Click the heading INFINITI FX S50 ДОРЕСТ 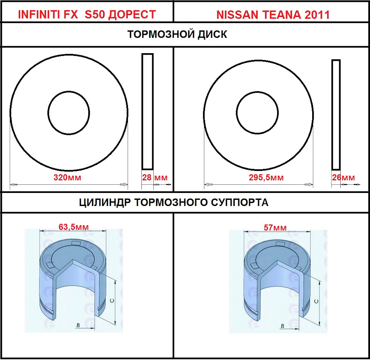pyautogui.click(x=87, y=15)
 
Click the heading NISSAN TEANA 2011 pyautogui.click(x=273, y=15)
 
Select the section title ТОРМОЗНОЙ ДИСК pyautogui.click(x=177, y=35)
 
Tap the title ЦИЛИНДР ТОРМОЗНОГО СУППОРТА pyautogui.click(x=174, y=202)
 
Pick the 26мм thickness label pyautogui.click(x=343, y=177)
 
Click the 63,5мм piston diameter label pyautogui.click(x=73, y=227)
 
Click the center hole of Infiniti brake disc pyautogui.click(x=69, y=113)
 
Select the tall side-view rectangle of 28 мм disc pyautogui.click(x=147, y=111)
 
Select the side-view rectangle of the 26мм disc pyautogui.click(x=336, y=115)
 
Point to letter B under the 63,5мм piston pyautogui.click(x=78, y=326)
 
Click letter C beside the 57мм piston pyautogui.click(x=316, y=301)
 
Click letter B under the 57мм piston pyautogui.click(x=283, y=326)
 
